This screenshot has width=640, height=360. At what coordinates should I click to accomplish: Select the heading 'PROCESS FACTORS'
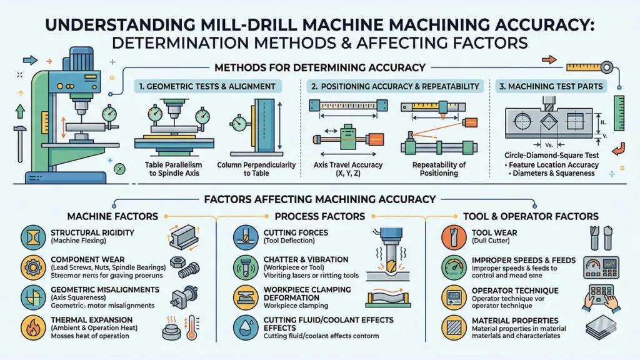coord(319,216)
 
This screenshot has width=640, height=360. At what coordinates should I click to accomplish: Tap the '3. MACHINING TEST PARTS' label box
coord(550,86)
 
